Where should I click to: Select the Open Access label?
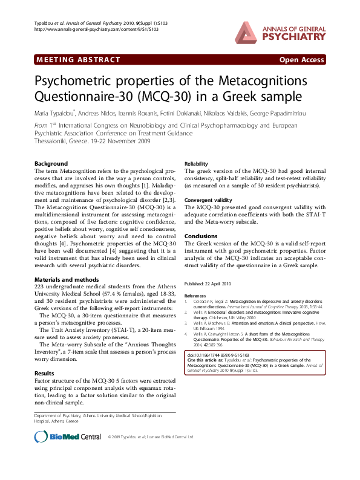tap(303, 60)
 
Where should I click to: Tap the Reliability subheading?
tap(197, 164)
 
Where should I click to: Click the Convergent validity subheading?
tap(208, 199)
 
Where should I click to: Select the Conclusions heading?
tap(201, 236)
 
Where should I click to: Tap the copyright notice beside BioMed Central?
tap(151, 436)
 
